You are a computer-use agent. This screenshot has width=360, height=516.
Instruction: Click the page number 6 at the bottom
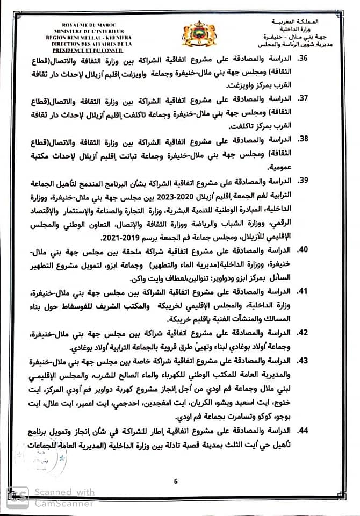pos(175,481)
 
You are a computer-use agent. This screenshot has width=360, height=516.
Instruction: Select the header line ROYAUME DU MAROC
pos(84,25)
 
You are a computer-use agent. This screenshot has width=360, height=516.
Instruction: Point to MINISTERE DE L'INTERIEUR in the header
pos(84,31)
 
